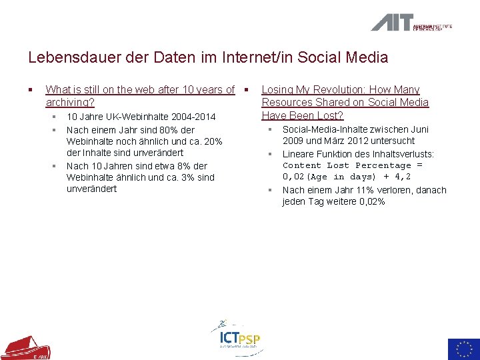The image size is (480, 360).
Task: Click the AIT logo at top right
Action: tap(411, 23)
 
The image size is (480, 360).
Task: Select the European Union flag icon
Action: tap(463, 349)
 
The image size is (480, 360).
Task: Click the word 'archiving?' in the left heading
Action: tap(70, 103)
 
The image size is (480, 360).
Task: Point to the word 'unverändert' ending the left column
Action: tap(91, 189)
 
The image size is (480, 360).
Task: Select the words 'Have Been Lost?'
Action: tap(302, 115)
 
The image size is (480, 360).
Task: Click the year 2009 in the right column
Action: tap(293, 141)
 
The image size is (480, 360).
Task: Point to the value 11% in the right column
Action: tap(365, 191)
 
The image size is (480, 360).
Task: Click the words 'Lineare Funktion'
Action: tap(317, 154)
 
